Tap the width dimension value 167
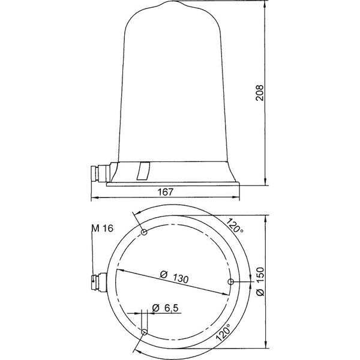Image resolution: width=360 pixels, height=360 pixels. (x=166, y=193)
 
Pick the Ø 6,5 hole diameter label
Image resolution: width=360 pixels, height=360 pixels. (x=164, y=308)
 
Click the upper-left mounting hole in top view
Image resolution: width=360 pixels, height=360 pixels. (x=143, y=233)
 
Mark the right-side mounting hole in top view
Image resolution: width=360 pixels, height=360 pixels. (x=230, y=281)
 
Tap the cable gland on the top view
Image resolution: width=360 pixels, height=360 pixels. (x=97, y=280)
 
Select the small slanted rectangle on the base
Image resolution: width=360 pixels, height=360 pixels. (x=142, y=170)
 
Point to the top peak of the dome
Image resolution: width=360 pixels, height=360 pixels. (x=178, y=2)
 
